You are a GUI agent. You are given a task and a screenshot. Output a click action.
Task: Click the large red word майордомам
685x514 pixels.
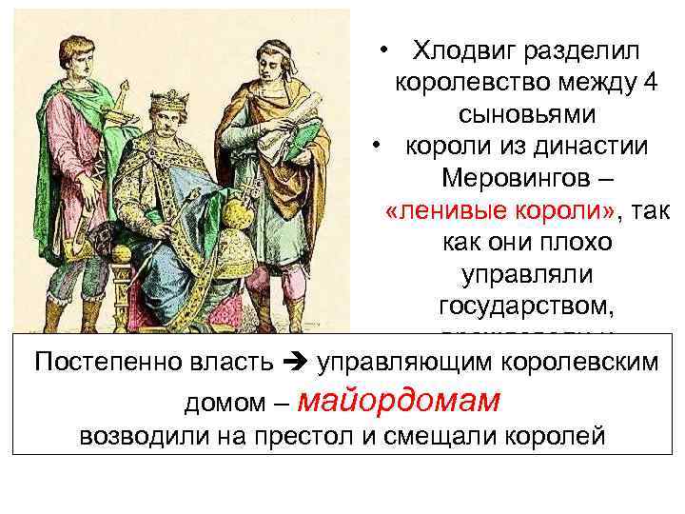[x=399, y=403]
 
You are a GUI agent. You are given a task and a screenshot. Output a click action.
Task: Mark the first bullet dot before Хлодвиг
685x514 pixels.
[x=379, y=50]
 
